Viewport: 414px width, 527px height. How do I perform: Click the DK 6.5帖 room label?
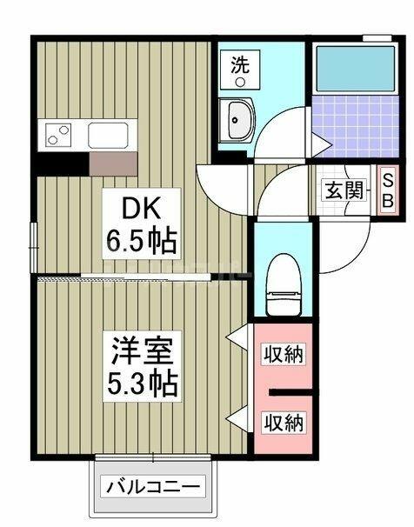click(142, 223)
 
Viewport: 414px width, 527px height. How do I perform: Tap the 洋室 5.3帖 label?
click(142, 366)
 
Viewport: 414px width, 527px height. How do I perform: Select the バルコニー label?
click(153, 486)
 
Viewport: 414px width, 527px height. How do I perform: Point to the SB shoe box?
click(388, 190)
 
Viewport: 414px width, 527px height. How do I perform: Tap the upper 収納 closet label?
click(284, 355)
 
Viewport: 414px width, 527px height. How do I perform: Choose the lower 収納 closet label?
click(284, 422)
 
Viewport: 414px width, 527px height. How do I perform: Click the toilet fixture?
click(283, 284)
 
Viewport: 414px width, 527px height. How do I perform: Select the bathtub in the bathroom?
click(356, 69)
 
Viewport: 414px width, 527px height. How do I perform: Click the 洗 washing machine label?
click(239, 65)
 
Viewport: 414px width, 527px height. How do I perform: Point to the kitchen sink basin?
click(108, 135)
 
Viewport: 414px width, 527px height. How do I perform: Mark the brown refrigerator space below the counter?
click(113, 163)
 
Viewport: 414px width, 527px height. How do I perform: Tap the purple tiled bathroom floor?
click(356, 126)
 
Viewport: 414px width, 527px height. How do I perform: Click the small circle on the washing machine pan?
click(239, 82)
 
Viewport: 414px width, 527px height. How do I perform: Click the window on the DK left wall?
click(34, 247)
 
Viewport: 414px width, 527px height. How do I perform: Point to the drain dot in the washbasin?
click(235, 120)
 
